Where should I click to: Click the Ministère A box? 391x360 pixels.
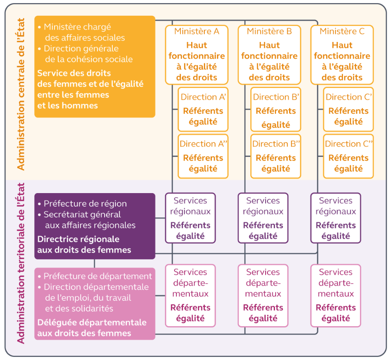pyautogui.click(x=197, y=55)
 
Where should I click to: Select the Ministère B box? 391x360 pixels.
pyautogui.click(x=269, y=55)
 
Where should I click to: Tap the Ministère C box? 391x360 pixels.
pyautogui.click(x=342, y=55)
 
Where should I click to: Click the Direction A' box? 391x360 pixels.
pyautogui.click(x=203, y=109)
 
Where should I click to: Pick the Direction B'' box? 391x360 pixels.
pyautogui.click(x=276, y=156)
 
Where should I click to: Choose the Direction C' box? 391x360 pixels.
pyautogui.click(x=349, y=109)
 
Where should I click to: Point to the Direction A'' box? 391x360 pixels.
pyautogui.click(x=203, y=156)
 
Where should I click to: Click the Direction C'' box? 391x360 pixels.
pyautogui.click(x=349, y=156)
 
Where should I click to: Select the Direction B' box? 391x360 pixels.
pyautogui.click(x=276, y=109)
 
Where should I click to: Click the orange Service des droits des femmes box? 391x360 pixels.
pyautogui.click(x=95, y=67)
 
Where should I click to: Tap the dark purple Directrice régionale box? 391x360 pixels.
pyautogui.click(x=95, y=226)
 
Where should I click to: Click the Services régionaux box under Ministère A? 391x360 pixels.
pyautogui.click(x=190, y=218)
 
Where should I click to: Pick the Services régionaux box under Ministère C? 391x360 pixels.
pyautogui.click(x=336, y=218)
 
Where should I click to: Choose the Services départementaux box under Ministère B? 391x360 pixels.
pyautogui.click(x=263, y=295)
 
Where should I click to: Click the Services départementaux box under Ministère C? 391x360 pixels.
pyautogui.click(x=336, y=295)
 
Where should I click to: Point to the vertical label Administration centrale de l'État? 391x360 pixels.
pyautogui.click(x=20, y=94)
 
